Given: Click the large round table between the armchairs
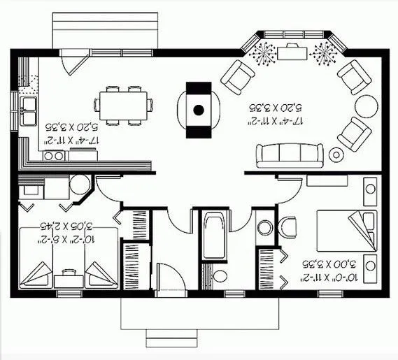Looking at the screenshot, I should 366,107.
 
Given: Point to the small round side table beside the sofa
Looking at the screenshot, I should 337,154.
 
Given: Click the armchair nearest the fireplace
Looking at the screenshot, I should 239,75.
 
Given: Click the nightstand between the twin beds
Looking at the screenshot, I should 68,278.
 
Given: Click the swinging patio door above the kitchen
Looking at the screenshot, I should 72,64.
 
